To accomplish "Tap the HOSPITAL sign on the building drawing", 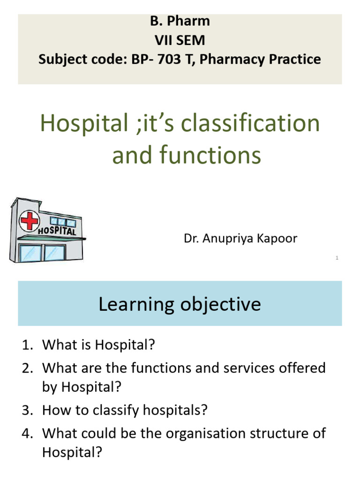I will tap(57, 231).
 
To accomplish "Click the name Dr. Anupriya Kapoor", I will tap(240, 239).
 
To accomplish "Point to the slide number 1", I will tap(337, 258).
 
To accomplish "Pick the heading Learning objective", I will tap(180, 304).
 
